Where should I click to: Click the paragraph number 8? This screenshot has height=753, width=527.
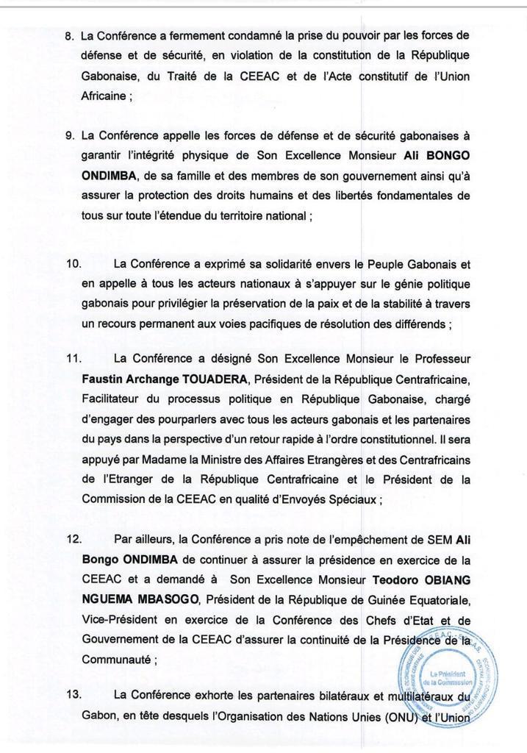pos(70,35)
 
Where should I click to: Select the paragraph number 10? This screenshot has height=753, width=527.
pos(74,263)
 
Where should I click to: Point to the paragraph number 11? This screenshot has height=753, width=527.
pos(74,358)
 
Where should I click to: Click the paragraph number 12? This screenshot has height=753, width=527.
pos(74,539)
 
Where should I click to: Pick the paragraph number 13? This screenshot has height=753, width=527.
pos(74,695)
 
